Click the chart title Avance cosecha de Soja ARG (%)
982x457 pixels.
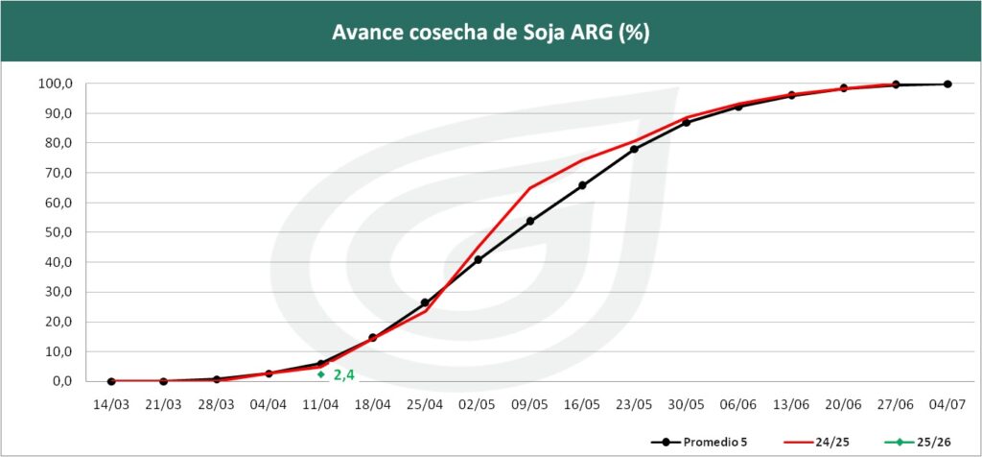click(x=491, y=31)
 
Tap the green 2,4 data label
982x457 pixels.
click(x=344, y=374)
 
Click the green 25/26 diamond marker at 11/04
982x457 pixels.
click(x=320, y=373)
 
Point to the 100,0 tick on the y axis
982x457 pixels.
click(x=55, y=84)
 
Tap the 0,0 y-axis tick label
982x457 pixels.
click(x=61, y=381)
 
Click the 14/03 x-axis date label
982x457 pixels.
click(x=111, y=404)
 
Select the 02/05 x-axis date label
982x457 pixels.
click(x=478, y=404)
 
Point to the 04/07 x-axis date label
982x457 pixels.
click(x=947, y=404)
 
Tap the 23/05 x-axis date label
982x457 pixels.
click(x=634, y=404)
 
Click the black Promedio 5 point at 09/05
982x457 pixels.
click(x=530, y=221)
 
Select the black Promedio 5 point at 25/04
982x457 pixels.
click(x=425, y=302)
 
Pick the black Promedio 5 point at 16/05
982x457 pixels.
click(x=582, y=185)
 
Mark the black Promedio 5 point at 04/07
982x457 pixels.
click(x=947, y=84)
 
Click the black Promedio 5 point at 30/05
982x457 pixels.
click(x=687, y=122)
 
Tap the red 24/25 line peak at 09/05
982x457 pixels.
click(x=530, y=188)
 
